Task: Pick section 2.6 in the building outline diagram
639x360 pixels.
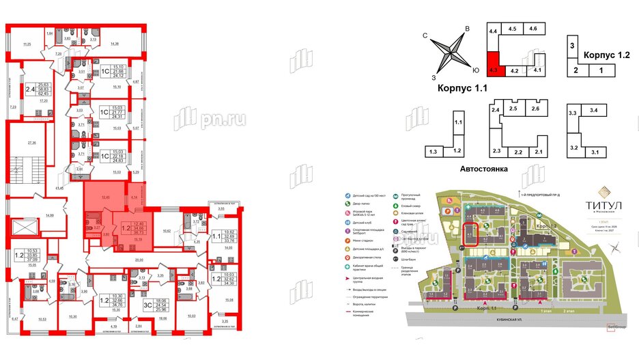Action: [x=537, y=109]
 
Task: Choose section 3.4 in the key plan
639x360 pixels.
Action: [x=594, y=109]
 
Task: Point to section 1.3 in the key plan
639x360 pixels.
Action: [x=432, y=151]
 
